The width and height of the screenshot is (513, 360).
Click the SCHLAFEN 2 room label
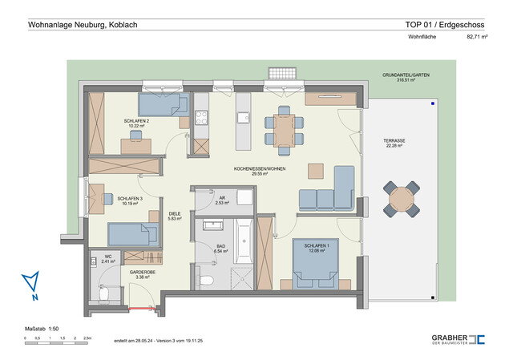pos(135,123)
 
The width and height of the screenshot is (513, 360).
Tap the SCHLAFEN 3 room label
pos(130,200)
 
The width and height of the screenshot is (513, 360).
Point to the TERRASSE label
pos(394,143)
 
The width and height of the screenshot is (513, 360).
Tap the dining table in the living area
pos(282,128)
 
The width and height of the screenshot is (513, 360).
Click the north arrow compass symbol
pos(31,285)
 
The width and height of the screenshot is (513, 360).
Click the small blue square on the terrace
pos(432,103)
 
